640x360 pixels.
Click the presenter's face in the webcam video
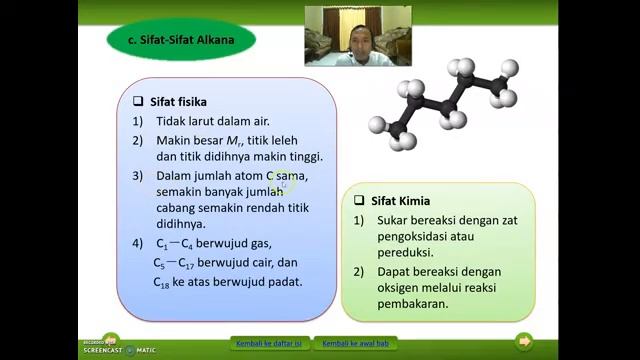(356, 37)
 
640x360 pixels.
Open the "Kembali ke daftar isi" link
(269, 343)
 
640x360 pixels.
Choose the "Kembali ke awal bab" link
(355, 343)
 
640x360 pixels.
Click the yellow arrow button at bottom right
(523, 342)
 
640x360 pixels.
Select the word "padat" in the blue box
(284, 282)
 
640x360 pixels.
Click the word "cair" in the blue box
(257, 262)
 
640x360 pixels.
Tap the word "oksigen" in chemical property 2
(402, 288)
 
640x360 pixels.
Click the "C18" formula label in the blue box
(162, 283)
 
